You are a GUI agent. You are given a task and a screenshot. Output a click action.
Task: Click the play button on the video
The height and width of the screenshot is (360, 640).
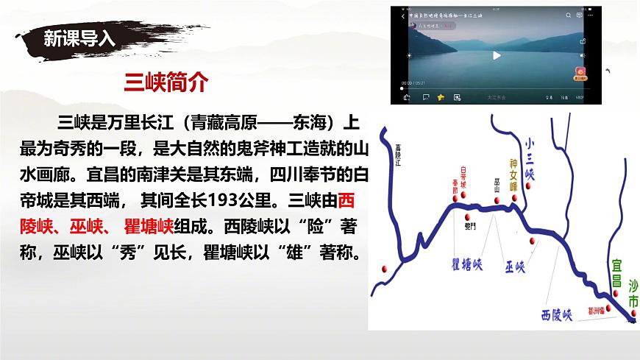496,55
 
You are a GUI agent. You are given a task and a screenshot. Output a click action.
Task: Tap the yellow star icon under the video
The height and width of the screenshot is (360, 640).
441,96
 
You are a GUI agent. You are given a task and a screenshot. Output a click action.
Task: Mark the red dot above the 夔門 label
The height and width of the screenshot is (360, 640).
466,215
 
